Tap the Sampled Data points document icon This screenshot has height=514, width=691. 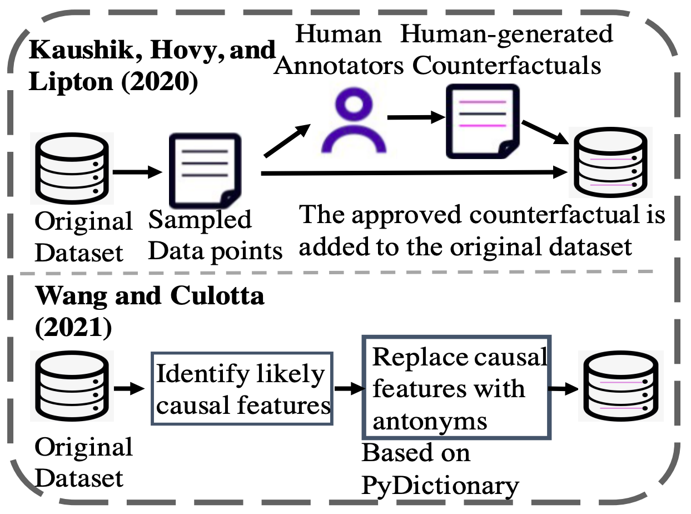[x=202, y=170]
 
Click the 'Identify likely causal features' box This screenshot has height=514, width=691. [x=242, y=388]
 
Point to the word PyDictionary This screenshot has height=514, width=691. [x=440, y=486]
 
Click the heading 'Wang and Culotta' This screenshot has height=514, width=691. [x=150, y=296]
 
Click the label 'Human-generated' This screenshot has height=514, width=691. [x=506, y=33]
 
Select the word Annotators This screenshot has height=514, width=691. [x=340, y=65]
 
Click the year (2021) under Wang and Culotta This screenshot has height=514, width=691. [x=73, y=328]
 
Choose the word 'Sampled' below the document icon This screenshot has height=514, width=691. [x=200, y=220]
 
